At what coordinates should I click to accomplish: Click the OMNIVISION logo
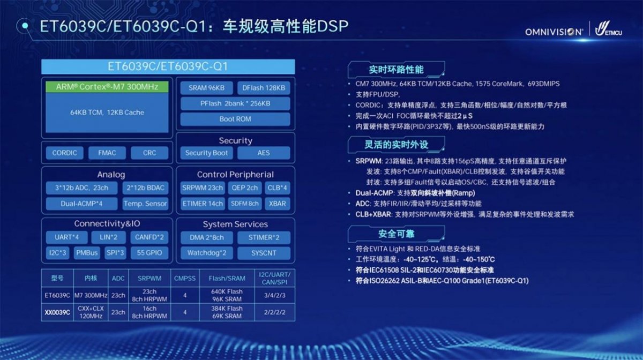(554, 32)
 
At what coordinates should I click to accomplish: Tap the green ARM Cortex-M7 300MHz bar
(107, 87)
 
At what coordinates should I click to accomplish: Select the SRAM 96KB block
(206, 88)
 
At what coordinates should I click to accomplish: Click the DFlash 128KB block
(264, 88)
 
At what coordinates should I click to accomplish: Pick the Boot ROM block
(235, 119)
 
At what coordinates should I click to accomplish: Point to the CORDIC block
(65, 153)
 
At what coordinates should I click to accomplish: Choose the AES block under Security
(264, 153)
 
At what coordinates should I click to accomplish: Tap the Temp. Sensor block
(145, 204)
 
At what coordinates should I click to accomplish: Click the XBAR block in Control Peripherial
(278, 204)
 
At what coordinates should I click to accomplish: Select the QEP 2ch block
(244, 187)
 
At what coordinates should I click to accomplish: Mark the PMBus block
(87, 253)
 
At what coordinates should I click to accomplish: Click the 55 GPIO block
(149, 253)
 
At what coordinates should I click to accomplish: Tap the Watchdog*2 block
(207, 253)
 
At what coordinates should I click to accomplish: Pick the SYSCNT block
(264, 253)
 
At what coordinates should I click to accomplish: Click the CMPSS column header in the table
(185, 278)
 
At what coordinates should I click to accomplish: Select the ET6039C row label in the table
(57, 295)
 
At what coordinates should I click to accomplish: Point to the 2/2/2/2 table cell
(275, 312)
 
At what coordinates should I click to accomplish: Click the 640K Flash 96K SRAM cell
(227, 295)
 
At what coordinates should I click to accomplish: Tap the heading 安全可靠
(396, 234)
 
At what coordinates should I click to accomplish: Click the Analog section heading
(111, 175)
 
